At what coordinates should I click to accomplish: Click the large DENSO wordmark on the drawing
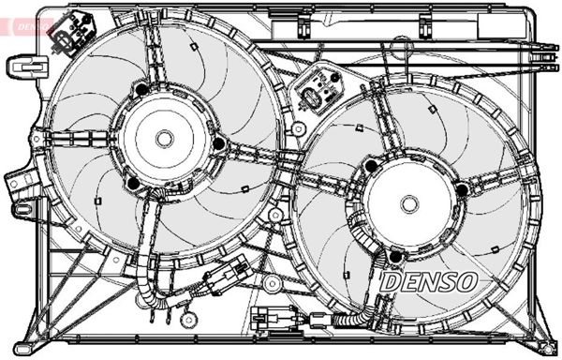click(431, 280)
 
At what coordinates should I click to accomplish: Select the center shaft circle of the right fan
click(408, 202)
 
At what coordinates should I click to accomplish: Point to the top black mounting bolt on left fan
click(141, 90)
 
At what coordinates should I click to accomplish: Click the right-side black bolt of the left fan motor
click(218, 143)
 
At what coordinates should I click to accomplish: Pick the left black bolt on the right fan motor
click(370, 167)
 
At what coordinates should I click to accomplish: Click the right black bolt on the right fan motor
click(461, 191)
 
